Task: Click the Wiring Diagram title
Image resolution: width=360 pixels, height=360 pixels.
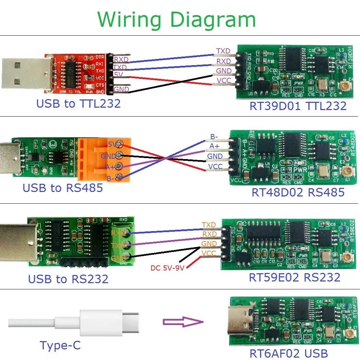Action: [177, 20]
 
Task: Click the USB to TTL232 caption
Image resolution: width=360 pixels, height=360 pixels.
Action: [79, 103]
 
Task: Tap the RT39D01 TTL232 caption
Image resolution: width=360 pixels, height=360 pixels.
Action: [298, 106]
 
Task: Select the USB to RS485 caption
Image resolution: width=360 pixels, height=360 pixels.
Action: [63, 188]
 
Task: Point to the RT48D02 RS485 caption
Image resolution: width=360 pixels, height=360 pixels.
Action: [298, 192]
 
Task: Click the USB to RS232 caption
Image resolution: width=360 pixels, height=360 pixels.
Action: [68, 279]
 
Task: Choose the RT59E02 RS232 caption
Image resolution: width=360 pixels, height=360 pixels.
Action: [295, 277]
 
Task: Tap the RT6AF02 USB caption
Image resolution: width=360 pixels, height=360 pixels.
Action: [288, 353]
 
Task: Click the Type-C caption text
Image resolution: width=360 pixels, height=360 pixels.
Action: [60, 345]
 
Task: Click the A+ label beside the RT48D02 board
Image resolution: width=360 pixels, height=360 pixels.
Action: [215, 146]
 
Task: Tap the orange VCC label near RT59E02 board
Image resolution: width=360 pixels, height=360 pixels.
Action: [209, 253]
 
